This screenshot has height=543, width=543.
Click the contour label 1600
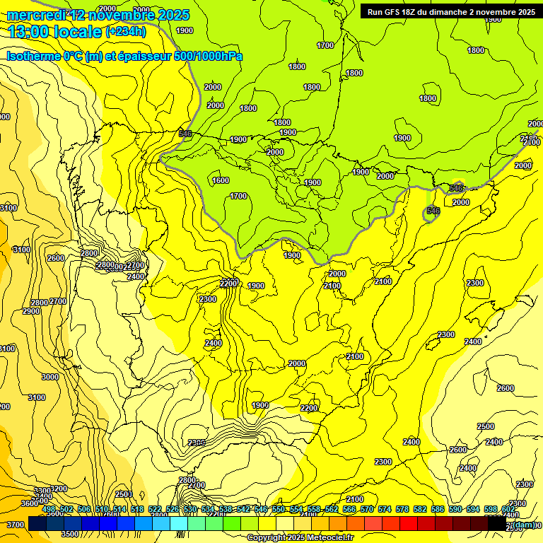(221, 180)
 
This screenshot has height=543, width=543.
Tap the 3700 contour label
(15, 525)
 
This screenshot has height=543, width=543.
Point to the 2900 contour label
(31, 312)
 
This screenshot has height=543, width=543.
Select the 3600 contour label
(30, 503)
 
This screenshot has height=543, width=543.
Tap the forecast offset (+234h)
(126, 32)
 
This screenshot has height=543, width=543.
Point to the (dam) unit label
(522, 525)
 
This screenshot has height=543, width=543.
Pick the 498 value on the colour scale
(49, 510)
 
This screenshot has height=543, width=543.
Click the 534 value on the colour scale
(208, 510)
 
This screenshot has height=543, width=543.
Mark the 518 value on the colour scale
(137, 510)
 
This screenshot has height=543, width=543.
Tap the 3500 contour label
(69, 535)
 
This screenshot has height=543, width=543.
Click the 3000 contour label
(50, 377)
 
